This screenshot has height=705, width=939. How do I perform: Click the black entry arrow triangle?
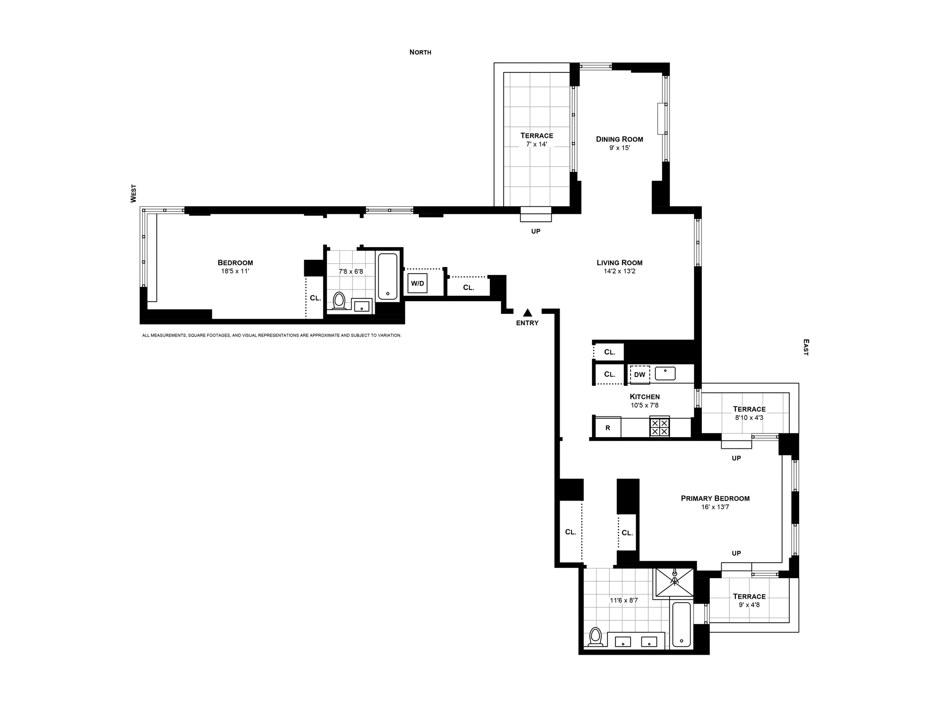(x=528, y=313)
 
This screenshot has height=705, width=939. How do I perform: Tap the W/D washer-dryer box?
(x=417, y=283)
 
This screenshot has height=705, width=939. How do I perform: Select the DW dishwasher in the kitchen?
(x=639, y=375)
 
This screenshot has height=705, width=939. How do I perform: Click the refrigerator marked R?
(x=608, y=428)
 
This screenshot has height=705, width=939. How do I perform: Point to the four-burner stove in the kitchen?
(x=660, y=427)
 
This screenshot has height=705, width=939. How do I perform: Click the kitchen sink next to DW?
(x=665, y=374)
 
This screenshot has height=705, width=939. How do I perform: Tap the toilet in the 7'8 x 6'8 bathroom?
(x=339, y=301)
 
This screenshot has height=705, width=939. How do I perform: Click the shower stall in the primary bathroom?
(x=675, y=582)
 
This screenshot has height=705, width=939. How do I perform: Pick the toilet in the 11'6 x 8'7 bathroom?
(x=596, y=637)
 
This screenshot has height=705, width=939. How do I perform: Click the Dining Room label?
(x=619, y=139)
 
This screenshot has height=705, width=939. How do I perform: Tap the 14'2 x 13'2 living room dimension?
(x=619, y=271)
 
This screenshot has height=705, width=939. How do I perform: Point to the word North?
(x=420, y=52)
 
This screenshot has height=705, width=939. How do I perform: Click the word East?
(x=806, y=347)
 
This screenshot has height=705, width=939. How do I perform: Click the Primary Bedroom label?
(x=715, y=498)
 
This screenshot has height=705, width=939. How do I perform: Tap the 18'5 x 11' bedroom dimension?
(x=235, y=271)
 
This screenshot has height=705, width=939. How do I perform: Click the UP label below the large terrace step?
(x=536, y=231)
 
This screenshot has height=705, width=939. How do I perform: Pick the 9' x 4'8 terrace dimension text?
(x=749, y=605)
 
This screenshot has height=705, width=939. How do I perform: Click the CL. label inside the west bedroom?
(x=315, y=298)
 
